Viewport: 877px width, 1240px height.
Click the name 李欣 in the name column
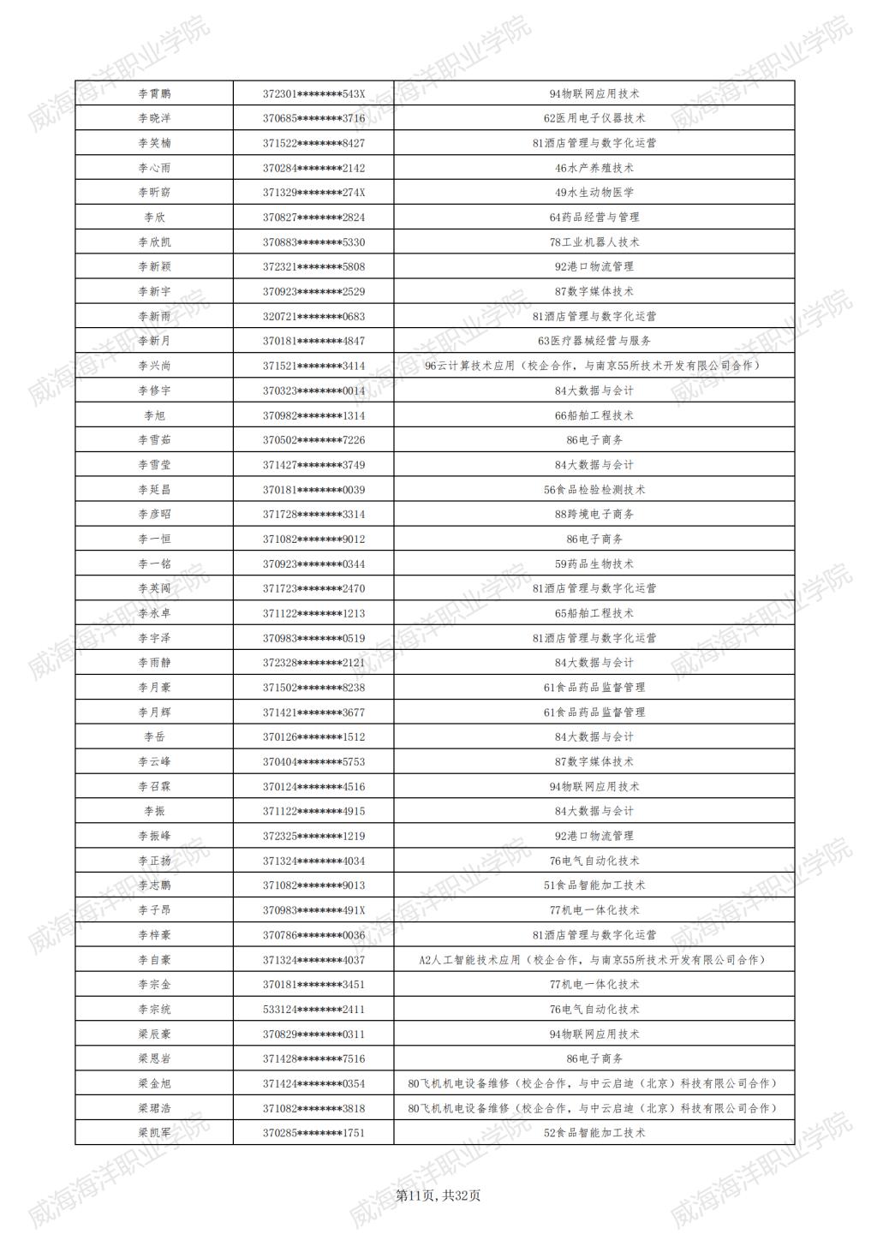(x=154, y=218)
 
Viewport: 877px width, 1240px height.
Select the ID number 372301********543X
(x=313, y=94)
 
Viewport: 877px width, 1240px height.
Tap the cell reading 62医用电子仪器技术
(x=594, y=118)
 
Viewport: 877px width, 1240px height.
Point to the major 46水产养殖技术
(x=594, y=168)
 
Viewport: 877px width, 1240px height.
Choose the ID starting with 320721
(x=313, y=317)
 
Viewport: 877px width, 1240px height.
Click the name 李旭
(x=154, y=415)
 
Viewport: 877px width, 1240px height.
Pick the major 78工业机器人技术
(x=594, y=242)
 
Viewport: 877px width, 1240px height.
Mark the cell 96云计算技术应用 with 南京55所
(x=594, y=366)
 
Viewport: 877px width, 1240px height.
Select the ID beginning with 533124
(x=313, y=1010)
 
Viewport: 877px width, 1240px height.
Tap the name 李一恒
(x=154, y=540)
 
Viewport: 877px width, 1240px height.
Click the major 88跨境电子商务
(x=594, y=515)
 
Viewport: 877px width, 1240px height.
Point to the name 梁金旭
(x=154, y=1083)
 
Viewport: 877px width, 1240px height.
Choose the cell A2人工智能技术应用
(x=594, y=960)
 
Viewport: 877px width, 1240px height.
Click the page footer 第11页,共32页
(x=438, y=1195)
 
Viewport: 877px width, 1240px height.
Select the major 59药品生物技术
(x=594, y=564)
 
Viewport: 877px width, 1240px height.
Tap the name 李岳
(x=154, y=737)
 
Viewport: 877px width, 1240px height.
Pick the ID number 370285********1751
(x=313, y=1133)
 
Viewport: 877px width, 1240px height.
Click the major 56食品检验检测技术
(x=594, y=490)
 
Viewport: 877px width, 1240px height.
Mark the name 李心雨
(x=154, y=168)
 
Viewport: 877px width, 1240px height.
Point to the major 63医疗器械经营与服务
(x=594, y=341)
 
